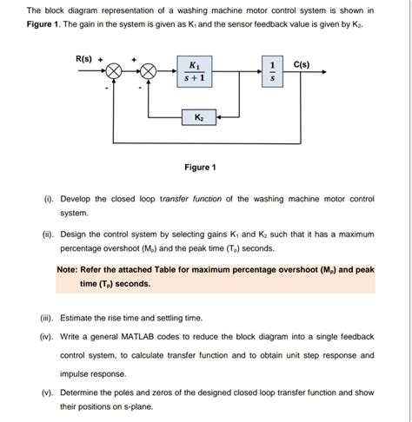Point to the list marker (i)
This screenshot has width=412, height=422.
(x=48, y=199)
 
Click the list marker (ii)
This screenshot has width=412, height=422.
(x=48, y=234)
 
